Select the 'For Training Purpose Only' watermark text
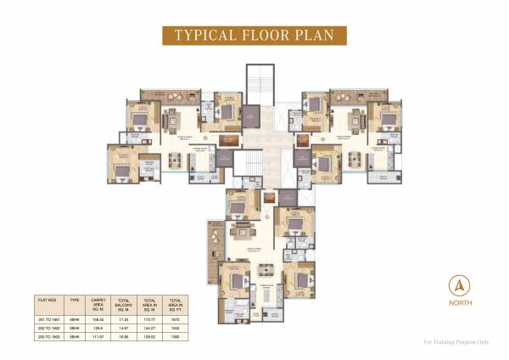pos(457,342)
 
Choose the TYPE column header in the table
pos(74,299)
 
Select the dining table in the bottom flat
pos(266,270)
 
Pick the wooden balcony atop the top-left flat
pos(159,93)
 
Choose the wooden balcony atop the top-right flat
pos(351,93)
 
